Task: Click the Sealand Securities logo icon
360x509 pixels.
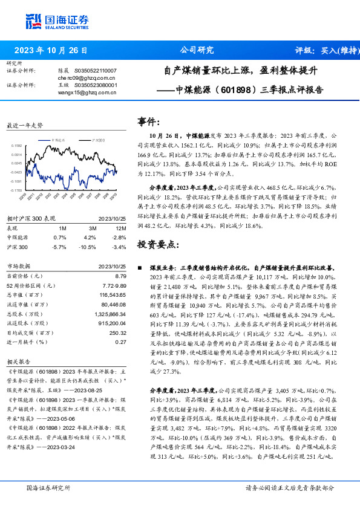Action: click(33, 21)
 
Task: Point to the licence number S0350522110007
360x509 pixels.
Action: click(96, 71)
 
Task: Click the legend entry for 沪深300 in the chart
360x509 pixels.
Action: click(98, 139)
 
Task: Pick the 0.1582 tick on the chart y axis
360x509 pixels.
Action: click(16, 146)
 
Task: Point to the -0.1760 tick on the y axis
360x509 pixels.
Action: click(16, 190)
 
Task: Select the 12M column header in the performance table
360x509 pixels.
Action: click(120, 229)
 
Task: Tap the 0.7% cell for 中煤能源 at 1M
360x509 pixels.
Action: click(59, 238)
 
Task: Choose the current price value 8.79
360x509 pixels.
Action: click(120, 276)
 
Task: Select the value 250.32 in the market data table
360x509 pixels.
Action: click(118, 333)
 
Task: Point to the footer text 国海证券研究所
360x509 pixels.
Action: click(48, 487)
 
